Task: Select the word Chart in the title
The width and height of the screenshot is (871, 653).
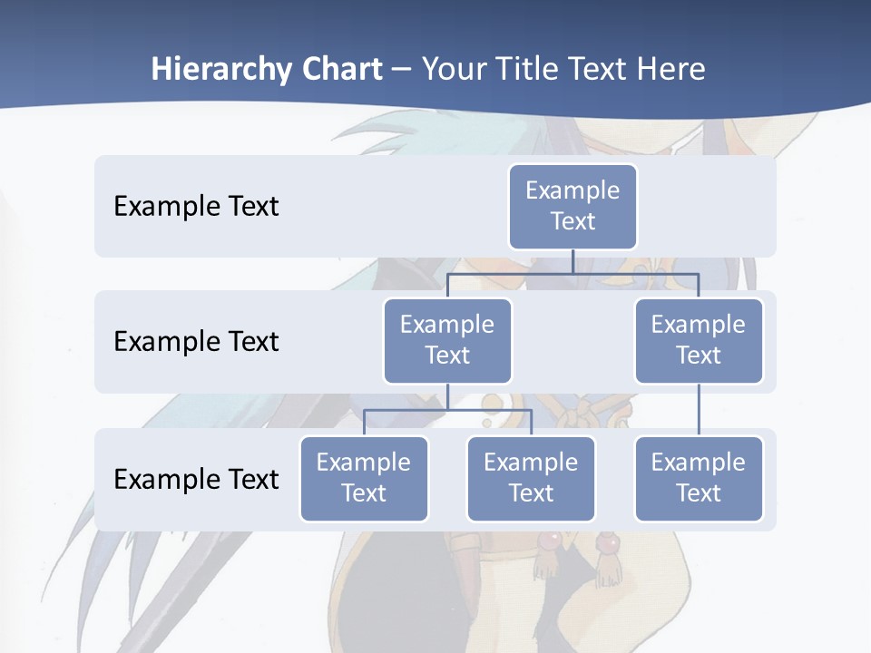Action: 341,69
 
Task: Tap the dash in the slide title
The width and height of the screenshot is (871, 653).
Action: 402,70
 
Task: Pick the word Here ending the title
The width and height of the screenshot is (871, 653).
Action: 670,69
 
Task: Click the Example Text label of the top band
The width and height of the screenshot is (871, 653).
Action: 196,206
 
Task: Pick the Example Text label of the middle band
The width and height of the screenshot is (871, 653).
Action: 196,341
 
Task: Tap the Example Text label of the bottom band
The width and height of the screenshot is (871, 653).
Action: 196,479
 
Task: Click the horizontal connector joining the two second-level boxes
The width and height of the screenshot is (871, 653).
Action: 508,273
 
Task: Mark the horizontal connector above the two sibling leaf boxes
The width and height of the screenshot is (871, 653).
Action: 447,410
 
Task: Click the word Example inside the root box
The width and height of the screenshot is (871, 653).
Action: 573,190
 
